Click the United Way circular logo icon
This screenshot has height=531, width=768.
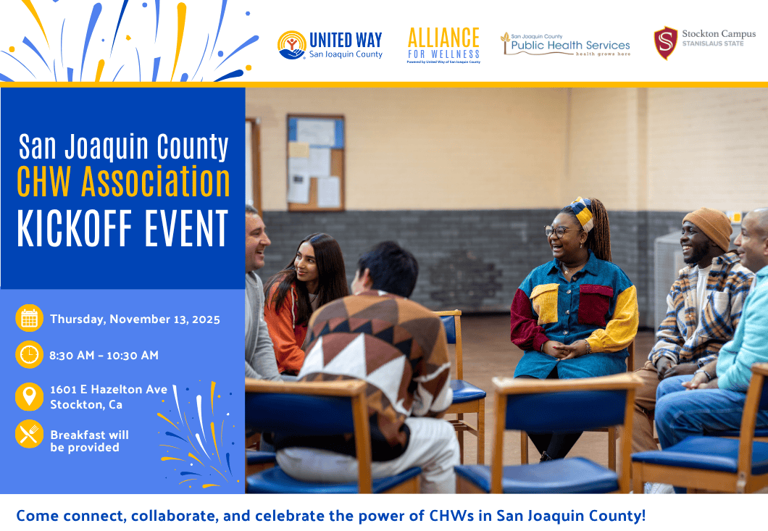click(291, 45)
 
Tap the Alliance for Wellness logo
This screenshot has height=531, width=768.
click(443, 44)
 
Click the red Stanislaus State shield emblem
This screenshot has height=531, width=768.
click(665, 43)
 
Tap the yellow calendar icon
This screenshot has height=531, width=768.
click(29, 319)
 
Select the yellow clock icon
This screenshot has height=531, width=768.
click(29, 355)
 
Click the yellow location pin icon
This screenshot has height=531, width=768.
click(29, 396)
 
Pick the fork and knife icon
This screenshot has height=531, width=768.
click(29, 434)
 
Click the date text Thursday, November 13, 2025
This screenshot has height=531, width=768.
click(135, 319)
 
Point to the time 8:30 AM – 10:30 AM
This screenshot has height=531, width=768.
click(104, 356)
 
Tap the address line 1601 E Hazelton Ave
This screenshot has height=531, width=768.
click(109, 389)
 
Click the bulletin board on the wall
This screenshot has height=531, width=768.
click(315, 162)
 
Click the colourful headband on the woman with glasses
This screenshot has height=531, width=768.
click(580, 211)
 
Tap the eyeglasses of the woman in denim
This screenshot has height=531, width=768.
click(558, 232)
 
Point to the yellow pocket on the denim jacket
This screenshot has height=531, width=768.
click(544, 302)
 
